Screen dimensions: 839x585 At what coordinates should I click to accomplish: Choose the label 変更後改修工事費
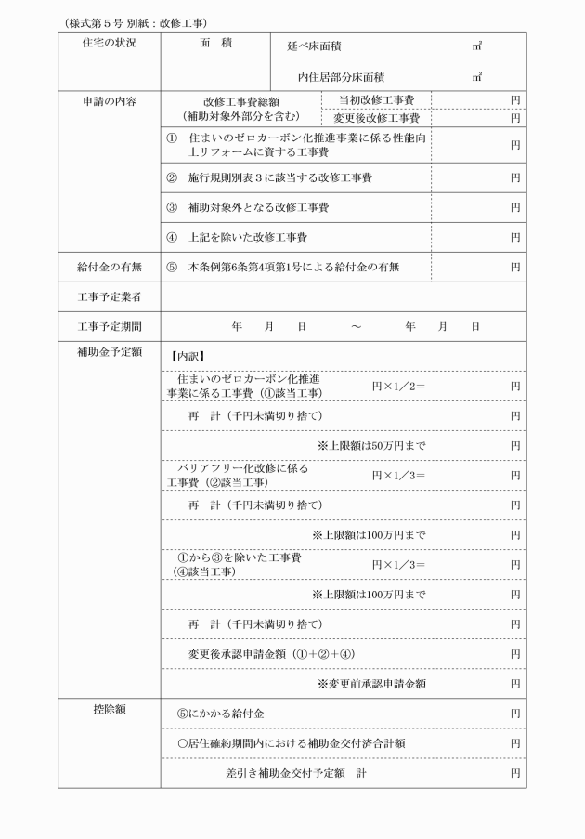377,118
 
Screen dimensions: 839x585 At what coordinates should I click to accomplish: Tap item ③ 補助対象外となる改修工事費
246,207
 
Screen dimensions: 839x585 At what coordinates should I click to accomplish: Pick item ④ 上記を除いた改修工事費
236,237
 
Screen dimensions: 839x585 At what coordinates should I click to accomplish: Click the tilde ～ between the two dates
356,326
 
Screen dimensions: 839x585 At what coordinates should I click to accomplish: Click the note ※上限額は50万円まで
371,445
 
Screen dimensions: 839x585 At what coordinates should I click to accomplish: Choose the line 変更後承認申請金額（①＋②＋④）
270,653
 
